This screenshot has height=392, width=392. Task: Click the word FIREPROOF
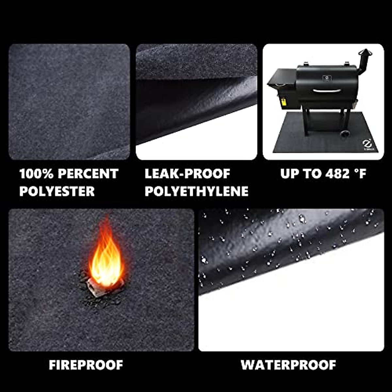pos(86,365)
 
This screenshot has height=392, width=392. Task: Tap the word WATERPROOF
pos(288,365)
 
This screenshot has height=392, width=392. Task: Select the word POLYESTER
pos(57,191)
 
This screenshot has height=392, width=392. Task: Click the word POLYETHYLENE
pos(196,191)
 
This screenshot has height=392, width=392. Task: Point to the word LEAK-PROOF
pos(187,174)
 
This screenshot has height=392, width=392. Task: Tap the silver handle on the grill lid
pos(327,91)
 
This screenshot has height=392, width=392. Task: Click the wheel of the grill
pos(344,133)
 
